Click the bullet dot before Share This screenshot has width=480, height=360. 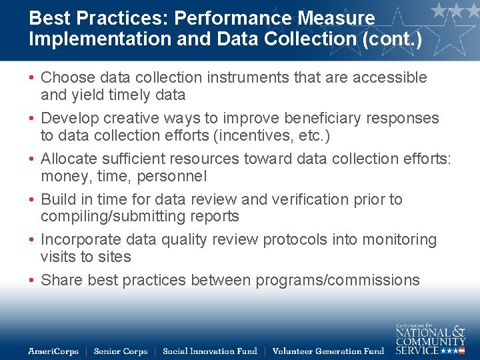pyautogui.click(x=32, y=281)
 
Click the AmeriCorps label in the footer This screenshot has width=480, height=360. pyautogui.click(x=53, y=351)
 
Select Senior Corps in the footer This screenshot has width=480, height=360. pyautogui.click(x=120, y=351)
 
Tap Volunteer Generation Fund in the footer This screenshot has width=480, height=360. pyautogui.click(x=328, y=351)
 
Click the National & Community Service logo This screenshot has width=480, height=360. pyautogui.click(x=430, y=339)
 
